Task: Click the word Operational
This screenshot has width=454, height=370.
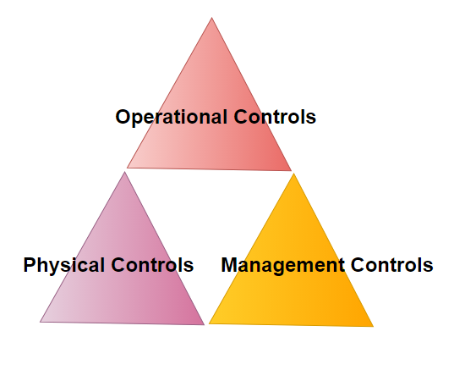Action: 171,118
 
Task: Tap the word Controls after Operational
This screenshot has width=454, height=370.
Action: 275,117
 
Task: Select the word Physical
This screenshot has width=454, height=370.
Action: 64,266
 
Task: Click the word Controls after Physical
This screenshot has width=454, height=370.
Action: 152,265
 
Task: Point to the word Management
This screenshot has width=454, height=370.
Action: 283,266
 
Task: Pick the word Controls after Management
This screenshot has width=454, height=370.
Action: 392,265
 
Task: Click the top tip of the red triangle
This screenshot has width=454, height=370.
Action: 211,18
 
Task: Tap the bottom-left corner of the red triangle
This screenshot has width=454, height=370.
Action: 127,168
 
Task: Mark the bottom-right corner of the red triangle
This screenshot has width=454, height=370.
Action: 292,171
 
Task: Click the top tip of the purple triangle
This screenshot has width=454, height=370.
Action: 125,172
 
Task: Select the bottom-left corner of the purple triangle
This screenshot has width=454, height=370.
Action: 40,322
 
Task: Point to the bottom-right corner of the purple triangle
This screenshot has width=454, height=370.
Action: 204,325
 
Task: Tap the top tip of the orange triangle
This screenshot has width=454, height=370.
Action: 293,174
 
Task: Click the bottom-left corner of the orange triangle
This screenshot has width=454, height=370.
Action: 209,323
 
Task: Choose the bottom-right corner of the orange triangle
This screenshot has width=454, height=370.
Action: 373,327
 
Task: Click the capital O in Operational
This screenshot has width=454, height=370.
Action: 123,117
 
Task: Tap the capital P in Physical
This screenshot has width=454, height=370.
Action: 30,265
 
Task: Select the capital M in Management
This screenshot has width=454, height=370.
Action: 230,265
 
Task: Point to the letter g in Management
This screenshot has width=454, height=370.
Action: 280,268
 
